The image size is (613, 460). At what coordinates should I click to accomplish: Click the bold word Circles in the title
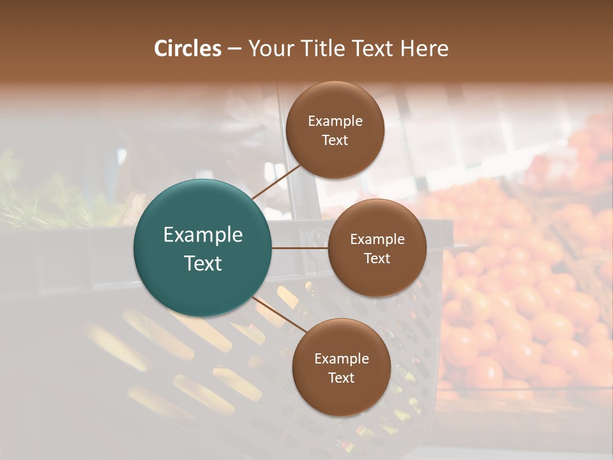click(187, 49)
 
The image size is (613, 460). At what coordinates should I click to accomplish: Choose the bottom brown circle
click(341, 396)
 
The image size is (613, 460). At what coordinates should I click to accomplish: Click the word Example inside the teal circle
click(203, 235)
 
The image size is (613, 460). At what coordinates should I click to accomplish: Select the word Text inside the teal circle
click(203, 263)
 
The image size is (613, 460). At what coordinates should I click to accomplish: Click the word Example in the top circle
click(335, 121)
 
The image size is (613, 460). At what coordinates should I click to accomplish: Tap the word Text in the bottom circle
click(341, 378)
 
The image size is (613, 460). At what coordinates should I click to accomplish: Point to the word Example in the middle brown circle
click(377, 240)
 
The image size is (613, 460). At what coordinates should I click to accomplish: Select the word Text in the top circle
click(335, 141)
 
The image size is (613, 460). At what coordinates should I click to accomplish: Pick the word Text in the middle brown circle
click(377, 259)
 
